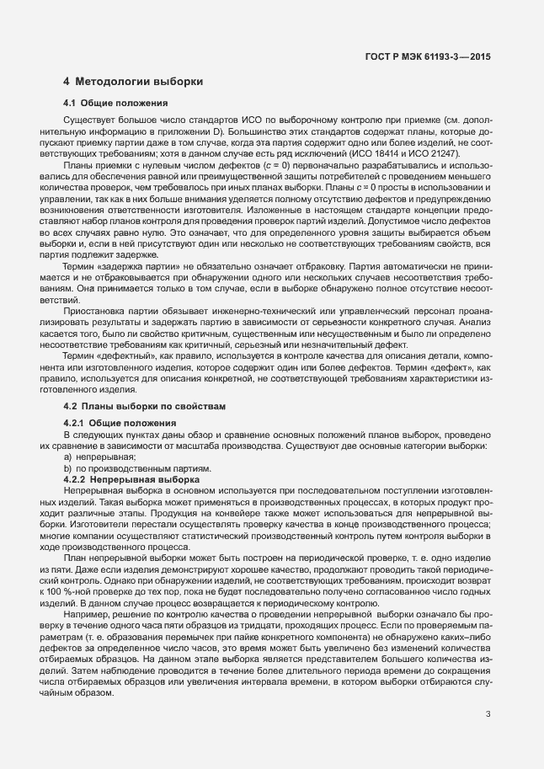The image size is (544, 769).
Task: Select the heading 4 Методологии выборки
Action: click(x=132, y=82)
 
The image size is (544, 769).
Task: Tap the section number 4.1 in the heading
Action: click(x=71, y=103)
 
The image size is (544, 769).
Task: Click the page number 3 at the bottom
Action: click(x=488, y=714)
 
